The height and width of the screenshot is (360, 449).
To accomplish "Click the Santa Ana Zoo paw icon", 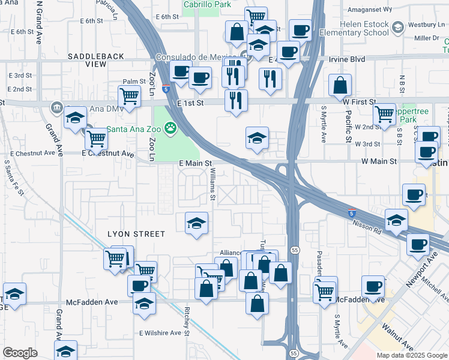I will coord(171,127).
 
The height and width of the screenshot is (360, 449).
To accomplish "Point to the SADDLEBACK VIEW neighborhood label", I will coord(95,60).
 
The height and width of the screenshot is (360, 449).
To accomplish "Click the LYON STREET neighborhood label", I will coord(136,233).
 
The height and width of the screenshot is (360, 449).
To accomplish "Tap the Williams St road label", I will coord(212,184).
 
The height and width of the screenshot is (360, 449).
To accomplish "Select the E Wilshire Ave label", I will coord(160,332).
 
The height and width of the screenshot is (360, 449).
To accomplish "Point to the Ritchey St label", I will coord(187,322).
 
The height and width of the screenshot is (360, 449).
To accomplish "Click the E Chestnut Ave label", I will coord(108,154).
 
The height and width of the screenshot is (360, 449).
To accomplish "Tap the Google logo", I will coord(20,353).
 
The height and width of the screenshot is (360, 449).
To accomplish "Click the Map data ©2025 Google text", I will coord(412,355).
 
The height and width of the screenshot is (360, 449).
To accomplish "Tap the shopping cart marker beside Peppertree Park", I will coord(384,114).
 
